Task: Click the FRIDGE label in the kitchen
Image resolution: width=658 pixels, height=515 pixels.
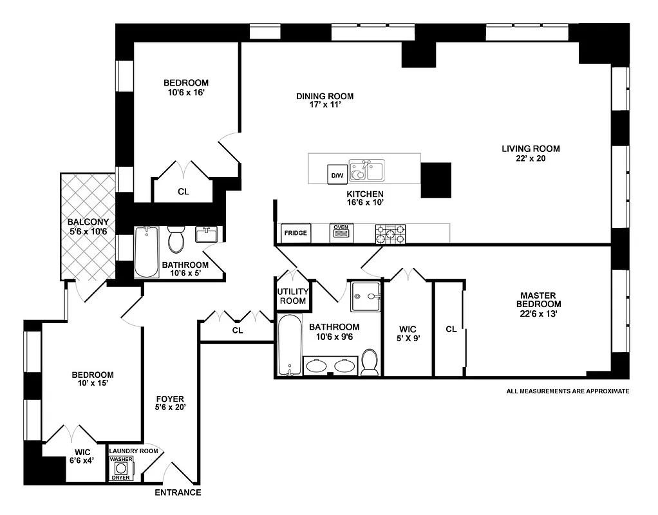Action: click(x=296, y=233)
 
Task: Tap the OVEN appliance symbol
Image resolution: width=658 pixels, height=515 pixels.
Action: click(x=341, y=233)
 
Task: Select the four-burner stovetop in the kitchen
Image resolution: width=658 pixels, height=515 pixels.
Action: click(x=391, y=233)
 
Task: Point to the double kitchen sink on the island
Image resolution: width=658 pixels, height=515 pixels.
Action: click(x=366, y=171)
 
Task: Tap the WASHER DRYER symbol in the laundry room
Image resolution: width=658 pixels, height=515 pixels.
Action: click(x=121, y=469)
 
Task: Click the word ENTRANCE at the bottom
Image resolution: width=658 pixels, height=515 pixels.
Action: click(x=178, y=493)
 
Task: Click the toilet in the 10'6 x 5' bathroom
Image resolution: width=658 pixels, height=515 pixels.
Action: click(x=176, y=240)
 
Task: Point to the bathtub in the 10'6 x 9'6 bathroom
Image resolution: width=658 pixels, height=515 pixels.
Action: click(x=290, y=344)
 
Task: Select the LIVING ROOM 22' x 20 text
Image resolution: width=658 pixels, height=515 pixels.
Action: click(x=523, y=153)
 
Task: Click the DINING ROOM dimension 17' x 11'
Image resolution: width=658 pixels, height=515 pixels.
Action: click(x=324, y=106)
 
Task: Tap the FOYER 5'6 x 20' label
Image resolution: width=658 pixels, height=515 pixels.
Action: click(x=170, y=403)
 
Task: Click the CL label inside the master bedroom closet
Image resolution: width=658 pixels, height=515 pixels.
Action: click(x=451, y=329)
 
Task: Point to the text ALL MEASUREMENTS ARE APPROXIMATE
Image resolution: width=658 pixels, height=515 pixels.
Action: click(x=567, y=391)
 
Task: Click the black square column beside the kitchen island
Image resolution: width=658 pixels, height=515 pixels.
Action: click(x=436, y=180)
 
